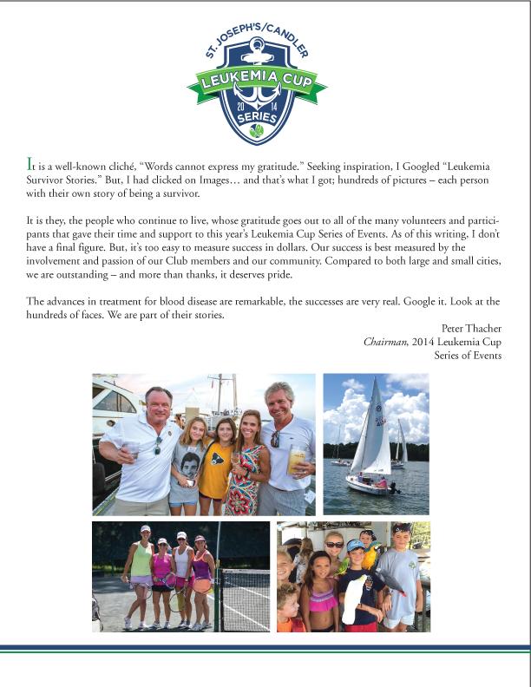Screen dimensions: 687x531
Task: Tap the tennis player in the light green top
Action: point(140,572)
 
